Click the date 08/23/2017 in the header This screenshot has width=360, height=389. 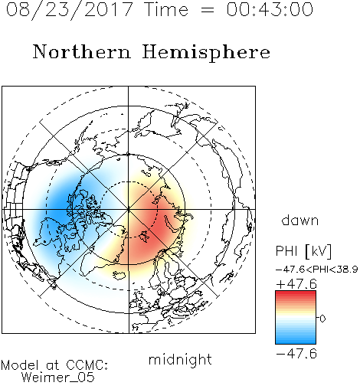69,10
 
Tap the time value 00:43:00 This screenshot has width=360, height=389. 270,9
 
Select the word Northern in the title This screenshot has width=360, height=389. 82,51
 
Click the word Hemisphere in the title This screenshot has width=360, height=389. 206,53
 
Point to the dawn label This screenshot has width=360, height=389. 300,220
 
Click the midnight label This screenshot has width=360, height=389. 180,359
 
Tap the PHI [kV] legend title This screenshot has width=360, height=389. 303,251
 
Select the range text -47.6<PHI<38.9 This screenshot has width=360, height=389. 317,270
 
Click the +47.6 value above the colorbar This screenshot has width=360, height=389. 296,284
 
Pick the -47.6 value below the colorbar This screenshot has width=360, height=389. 296,354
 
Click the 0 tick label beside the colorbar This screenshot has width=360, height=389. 322,319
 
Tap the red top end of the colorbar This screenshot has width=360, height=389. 296,293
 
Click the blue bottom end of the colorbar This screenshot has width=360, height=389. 296,342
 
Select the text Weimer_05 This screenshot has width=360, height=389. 58,378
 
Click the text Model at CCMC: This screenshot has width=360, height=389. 54,365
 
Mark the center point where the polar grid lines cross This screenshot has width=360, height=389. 129,210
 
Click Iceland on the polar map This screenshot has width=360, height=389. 119,275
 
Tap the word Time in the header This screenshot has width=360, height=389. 166,9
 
